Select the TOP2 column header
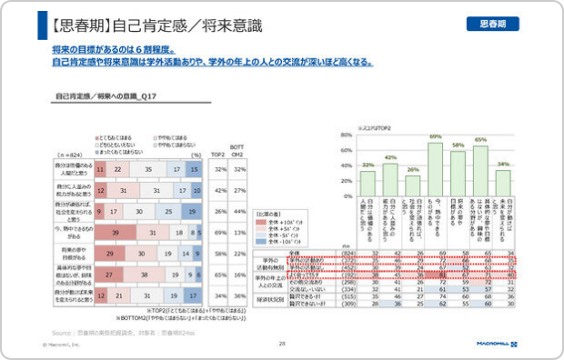(x=218, y=155)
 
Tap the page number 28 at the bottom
(x=282, y=344)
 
